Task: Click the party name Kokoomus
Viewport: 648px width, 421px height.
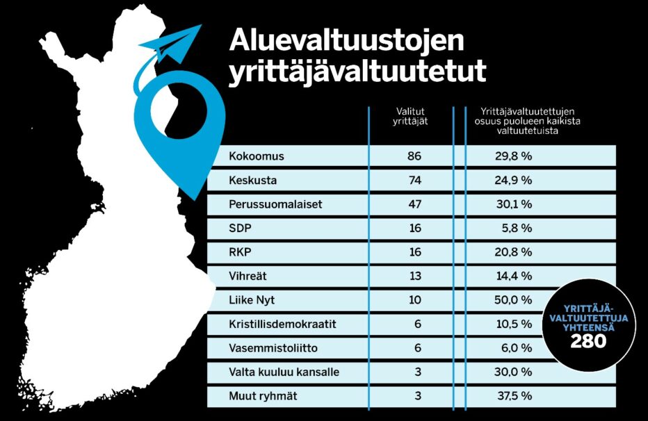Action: click(257, 156)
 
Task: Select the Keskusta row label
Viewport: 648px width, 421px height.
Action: click(253, 181)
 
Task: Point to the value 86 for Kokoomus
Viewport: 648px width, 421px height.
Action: click(414, 156)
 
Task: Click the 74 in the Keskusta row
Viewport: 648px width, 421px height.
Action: click(414, 181)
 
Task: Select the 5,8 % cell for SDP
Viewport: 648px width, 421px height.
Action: click(517, 228)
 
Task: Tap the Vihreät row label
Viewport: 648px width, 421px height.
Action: click(248, 276)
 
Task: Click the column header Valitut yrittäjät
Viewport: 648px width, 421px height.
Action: click(410, 116)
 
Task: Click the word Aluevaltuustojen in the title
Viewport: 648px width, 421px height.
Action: click(346, 42)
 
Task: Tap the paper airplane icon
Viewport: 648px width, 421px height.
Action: click(172, 43)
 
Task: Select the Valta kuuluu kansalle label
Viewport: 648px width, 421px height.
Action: click(284, 372)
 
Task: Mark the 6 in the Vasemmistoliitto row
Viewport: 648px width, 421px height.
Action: click(418, 348)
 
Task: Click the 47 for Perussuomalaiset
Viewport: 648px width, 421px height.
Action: click(414, 205)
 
